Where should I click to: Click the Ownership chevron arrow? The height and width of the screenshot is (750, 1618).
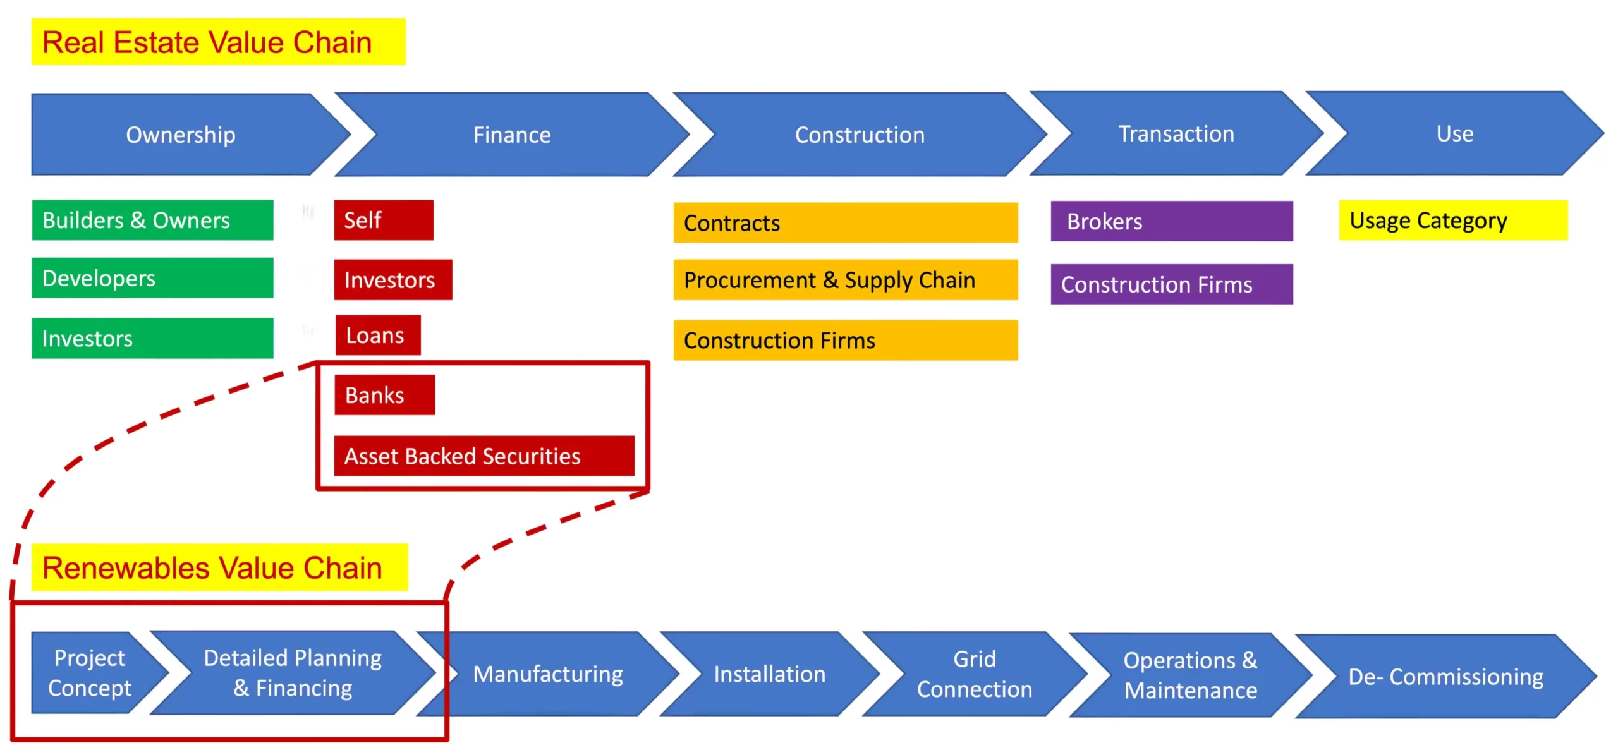click(x=181, y=135)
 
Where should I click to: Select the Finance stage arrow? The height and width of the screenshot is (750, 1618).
click(x=512, y=135)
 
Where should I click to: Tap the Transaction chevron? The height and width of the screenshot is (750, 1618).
click(x=1176, y=134)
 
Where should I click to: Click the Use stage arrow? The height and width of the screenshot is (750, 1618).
click(x=1454, y=134)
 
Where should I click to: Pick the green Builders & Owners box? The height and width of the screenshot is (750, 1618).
click(x=152, y=220)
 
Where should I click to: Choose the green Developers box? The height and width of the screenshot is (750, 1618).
click(x=152, y=278)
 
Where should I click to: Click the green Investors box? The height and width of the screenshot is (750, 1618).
click(x=152, y=339)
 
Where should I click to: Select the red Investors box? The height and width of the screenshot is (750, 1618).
click(x=392, y=280)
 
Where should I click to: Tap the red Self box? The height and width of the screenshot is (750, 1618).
click(x=384, y=220)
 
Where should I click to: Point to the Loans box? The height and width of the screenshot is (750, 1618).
click(x=377, y=336)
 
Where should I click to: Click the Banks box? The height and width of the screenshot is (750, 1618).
click(x=384, y=395)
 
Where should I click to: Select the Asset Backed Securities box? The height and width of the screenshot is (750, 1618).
click(x=484, y=456)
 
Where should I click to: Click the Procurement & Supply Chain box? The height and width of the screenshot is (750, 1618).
click(x=845, y=280)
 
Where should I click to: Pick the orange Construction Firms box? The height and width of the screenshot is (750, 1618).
click(x=845, y=341)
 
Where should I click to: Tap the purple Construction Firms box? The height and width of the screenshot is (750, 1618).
click(x=1171, y=284)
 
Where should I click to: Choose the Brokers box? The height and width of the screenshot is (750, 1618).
click(x=1171, y=221)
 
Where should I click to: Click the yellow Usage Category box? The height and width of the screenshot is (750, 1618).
click(x=1452, y=221)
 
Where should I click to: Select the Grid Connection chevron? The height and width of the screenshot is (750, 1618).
click(x=974, y=674)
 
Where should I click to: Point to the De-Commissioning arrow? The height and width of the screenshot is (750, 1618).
click(x=1445, y=677)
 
